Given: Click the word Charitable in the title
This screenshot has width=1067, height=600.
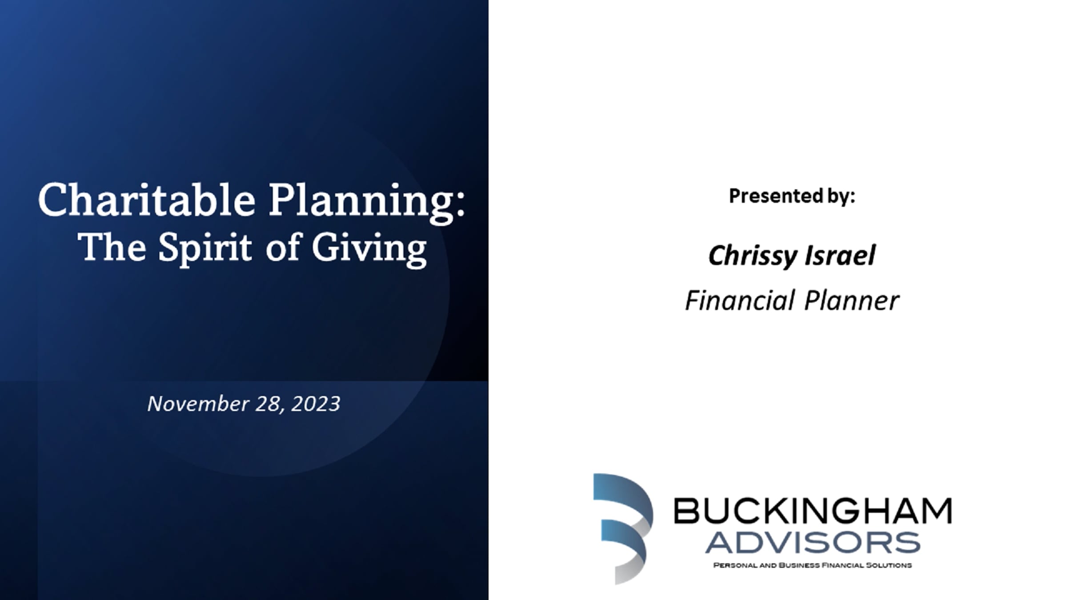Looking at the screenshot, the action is pos(147,200).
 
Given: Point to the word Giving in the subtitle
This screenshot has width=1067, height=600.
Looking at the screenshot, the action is pos(369,250).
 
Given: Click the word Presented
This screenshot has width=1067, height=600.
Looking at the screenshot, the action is pos(776,196).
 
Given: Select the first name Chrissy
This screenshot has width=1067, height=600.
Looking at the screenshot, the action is pos(749,256).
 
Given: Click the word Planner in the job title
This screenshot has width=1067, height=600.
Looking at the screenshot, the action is pos(852,300).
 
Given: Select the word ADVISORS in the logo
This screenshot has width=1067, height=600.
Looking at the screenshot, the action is pos(813,543).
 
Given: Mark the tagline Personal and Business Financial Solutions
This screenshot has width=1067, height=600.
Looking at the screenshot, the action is pos(813,565).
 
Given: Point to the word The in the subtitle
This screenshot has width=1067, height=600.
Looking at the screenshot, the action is pos(112,247).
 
